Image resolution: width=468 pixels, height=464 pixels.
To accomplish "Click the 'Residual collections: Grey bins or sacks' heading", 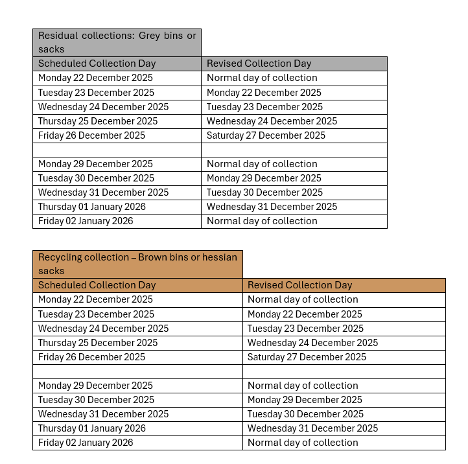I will (117, 42).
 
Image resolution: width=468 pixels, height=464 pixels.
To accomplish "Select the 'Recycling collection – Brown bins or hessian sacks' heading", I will (137, 264).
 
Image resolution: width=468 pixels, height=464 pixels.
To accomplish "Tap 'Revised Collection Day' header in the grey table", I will (259, 64).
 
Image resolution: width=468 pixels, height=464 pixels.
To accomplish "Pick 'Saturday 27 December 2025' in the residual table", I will (266, 135).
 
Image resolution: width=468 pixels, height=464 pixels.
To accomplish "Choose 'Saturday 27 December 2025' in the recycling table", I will (307, 357).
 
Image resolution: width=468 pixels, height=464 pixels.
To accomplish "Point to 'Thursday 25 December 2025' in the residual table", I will (98, 121).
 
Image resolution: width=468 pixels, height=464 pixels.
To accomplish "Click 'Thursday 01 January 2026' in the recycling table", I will (92, 428).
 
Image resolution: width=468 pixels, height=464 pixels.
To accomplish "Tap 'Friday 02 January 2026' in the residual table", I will (86, 221).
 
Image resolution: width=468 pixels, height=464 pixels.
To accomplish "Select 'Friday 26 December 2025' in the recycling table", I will (91, 357).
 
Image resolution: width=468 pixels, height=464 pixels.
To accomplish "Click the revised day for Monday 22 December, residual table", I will (262, 78).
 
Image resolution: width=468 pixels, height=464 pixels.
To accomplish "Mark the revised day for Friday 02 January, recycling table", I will (303, 443).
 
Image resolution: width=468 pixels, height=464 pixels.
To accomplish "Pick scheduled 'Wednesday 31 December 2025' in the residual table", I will (103, 192).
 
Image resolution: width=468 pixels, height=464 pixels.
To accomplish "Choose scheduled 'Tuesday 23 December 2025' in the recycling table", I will (96, 314).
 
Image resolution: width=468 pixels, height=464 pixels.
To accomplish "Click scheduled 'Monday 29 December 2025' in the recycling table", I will (95, 386).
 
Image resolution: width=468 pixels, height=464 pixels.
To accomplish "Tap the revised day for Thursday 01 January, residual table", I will (272, 207).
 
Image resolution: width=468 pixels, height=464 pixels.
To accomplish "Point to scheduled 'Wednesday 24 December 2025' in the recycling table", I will (103, 329).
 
